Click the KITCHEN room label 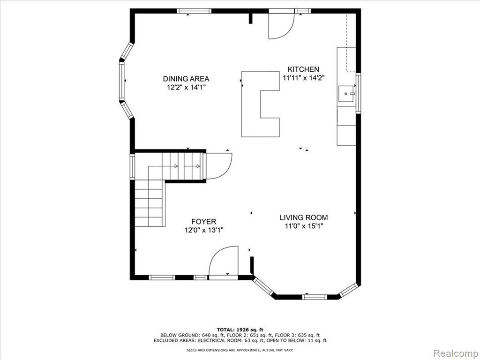click(303, 69)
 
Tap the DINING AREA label click(186, 79)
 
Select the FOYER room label click(203, 222)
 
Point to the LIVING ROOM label click(304, 217)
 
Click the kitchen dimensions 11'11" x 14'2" click(303, 78)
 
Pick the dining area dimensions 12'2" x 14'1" click(186, 88)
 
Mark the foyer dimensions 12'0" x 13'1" click(204, 230)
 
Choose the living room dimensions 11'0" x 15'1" click(304, 226)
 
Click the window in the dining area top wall click(194, 11)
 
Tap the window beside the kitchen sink click(358, 93)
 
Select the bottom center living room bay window click(315, 297)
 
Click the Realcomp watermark click(455, 353)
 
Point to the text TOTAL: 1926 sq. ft click(240, 330)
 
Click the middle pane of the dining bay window click(122, 81)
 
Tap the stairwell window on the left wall click(132, 167)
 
